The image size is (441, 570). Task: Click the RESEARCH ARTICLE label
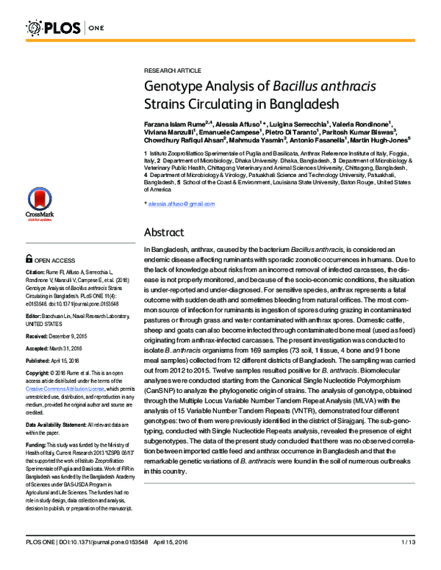[x=169, y=71]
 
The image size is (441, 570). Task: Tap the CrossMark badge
[x=40, y=205]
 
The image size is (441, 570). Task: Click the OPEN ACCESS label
[x=55, y=259]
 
